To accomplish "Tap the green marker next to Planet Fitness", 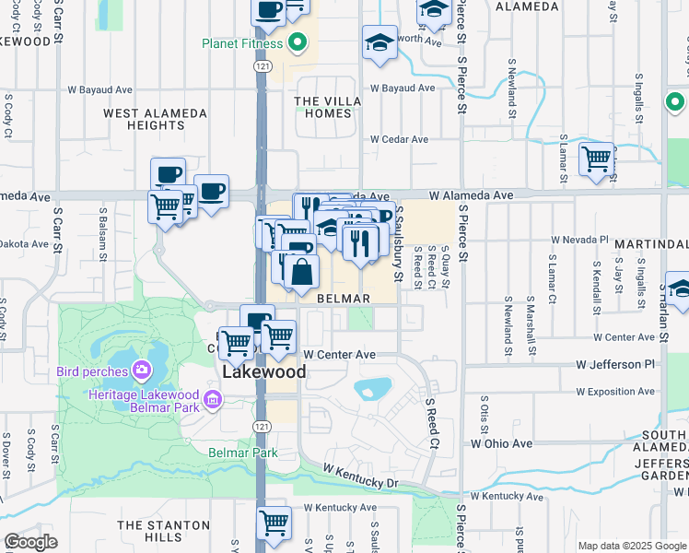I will (297, 42).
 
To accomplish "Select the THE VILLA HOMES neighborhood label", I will (322, 107).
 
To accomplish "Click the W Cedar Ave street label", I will (400, 139).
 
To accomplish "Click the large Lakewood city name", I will (263, 372).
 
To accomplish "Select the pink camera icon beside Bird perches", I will (141, 371).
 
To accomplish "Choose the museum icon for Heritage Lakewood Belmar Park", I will (213, 400).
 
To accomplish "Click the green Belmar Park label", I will (242, 453).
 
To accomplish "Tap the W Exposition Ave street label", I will (613, 392).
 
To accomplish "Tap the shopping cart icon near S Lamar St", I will (596, 159).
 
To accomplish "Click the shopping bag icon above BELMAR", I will (301, 272).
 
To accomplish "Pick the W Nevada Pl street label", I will (580, 239).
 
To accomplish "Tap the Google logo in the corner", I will (30, 542).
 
